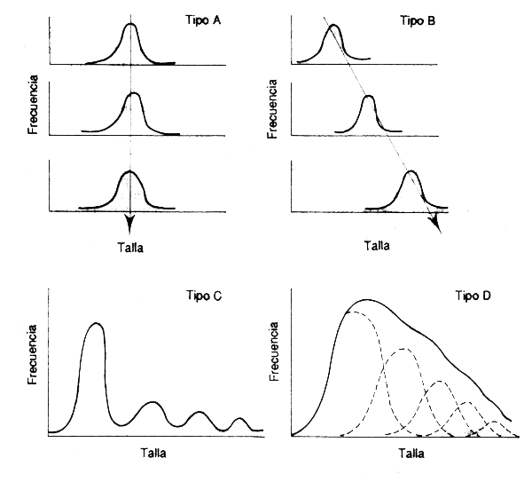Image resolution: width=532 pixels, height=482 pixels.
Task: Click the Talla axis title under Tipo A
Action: point(129,248)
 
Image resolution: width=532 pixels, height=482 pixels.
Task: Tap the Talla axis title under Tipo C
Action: point(153,451)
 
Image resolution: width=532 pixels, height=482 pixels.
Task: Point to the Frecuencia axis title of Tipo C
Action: point(32,367)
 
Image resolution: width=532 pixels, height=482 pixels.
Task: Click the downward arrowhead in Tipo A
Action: point(129,225)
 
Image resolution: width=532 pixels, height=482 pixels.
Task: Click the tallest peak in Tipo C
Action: point(97,325)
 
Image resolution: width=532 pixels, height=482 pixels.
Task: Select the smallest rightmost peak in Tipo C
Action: point(239,418)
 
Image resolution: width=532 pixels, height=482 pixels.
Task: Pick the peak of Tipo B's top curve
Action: point(332,27)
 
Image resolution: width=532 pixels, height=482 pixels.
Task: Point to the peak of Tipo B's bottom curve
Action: point(409,172)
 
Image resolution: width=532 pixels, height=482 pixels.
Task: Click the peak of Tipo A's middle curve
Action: point(133,94)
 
